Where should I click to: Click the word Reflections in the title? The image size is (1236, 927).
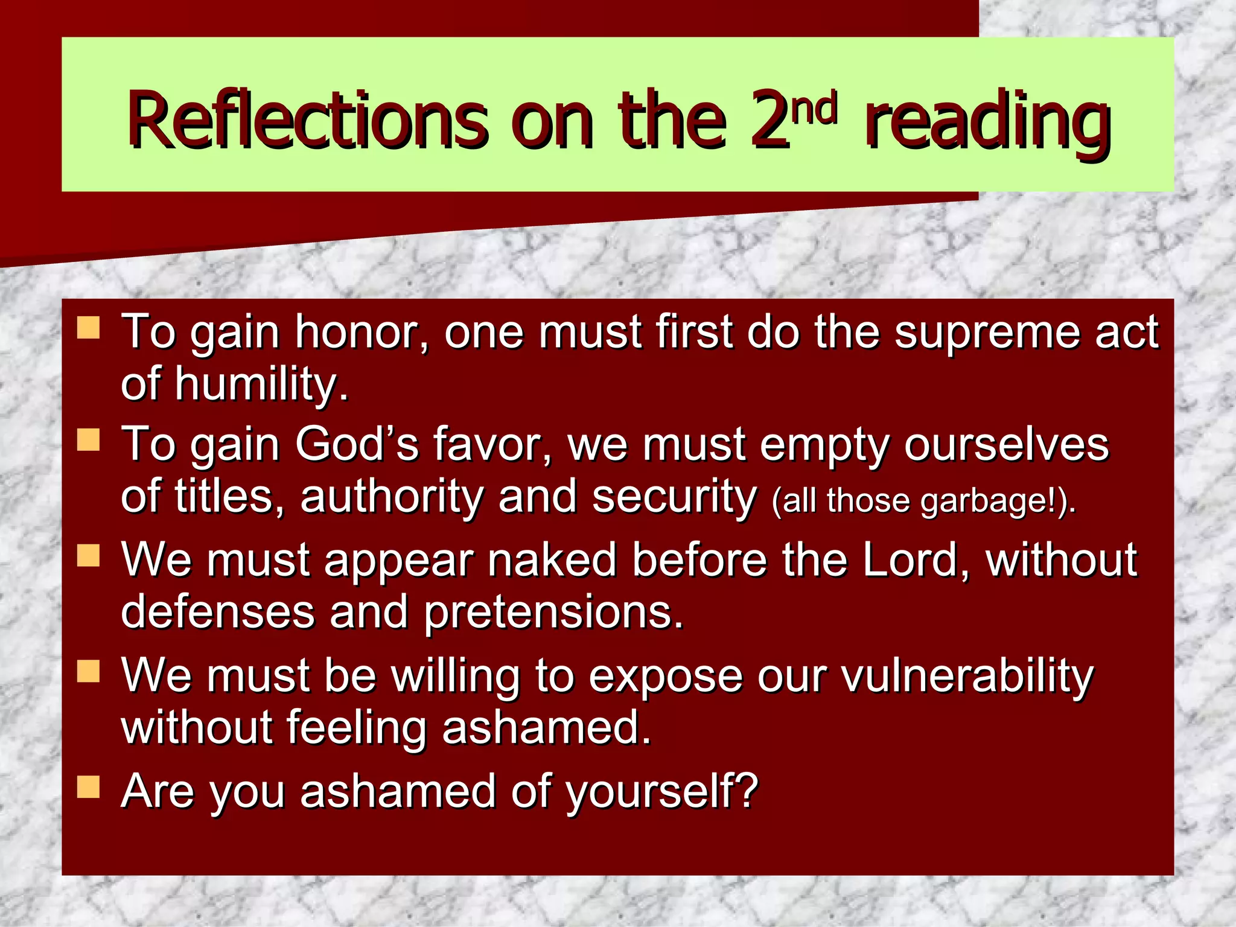coord(307,121)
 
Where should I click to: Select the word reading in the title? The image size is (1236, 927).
coord(987,124)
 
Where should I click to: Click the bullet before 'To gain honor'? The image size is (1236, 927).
coord(88,328)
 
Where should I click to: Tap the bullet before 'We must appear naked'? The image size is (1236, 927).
coord(88,556)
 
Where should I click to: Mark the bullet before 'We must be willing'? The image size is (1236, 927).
coord(88,671)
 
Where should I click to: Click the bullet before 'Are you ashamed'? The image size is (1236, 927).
coord(88,787)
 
